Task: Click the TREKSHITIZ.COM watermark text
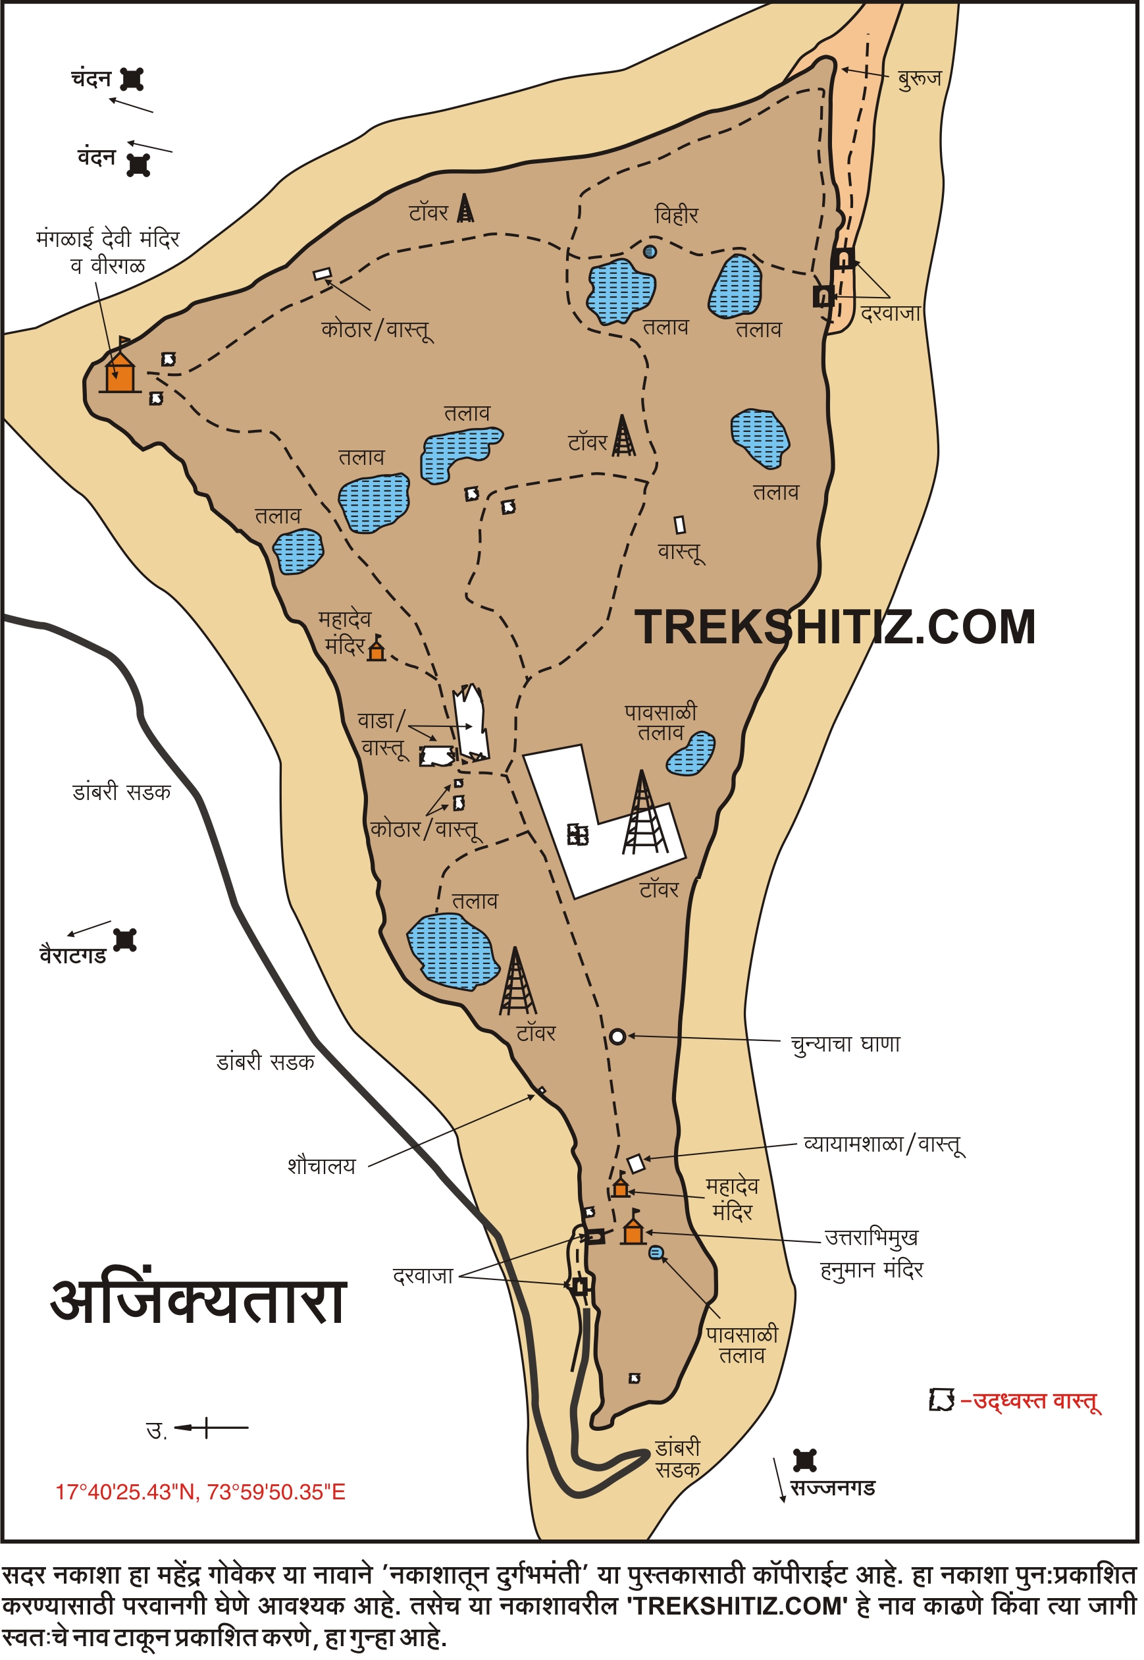pos(836,628)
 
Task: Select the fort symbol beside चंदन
pos(132,79)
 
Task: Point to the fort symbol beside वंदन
pos(138,165)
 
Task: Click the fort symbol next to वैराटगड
pos(126,940)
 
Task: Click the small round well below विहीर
pos(650,252)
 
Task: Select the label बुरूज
pos(920,78)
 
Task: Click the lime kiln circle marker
pos(618,1037)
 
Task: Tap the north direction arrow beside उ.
pos(211,1428)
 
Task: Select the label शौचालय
pos(322,1166)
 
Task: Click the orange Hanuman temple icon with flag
pos(633,1232)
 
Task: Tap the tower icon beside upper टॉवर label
pos(466,209)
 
